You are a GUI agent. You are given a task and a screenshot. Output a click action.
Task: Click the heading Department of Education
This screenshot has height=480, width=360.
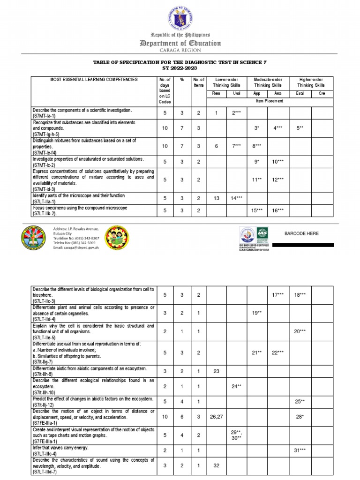(x=180, y=43)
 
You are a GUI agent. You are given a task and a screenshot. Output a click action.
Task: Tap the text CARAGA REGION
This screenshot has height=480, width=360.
(x=180, y=50)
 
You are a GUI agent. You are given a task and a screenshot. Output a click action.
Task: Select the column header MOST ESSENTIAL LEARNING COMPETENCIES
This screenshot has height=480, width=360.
(x=94, y=80)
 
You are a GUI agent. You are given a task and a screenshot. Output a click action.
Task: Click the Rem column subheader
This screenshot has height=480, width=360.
(x=216, y=93)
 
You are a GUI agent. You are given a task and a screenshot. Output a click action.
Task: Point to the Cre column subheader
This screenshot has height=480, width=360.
(x=322, y=93)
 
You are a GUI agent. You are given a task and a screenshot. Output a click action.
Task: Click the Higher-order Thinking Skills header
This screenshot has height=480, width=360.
(x=311, y=82)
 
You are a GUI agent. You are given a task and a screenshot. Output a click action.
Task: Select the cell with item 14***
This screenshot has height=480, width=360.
(x=237, y=198)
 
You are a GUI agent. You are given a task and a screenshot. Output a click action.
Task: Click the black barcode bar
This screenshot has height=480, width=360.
(x=303, y=245)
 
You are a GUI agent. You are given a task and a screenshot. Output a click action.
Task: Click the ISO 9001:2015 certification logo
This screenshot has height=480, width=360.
(x=255, y=239)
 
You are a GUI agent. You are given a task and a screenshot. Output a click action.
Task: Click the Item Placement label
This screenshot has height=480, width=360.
(x=269, y=100)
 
